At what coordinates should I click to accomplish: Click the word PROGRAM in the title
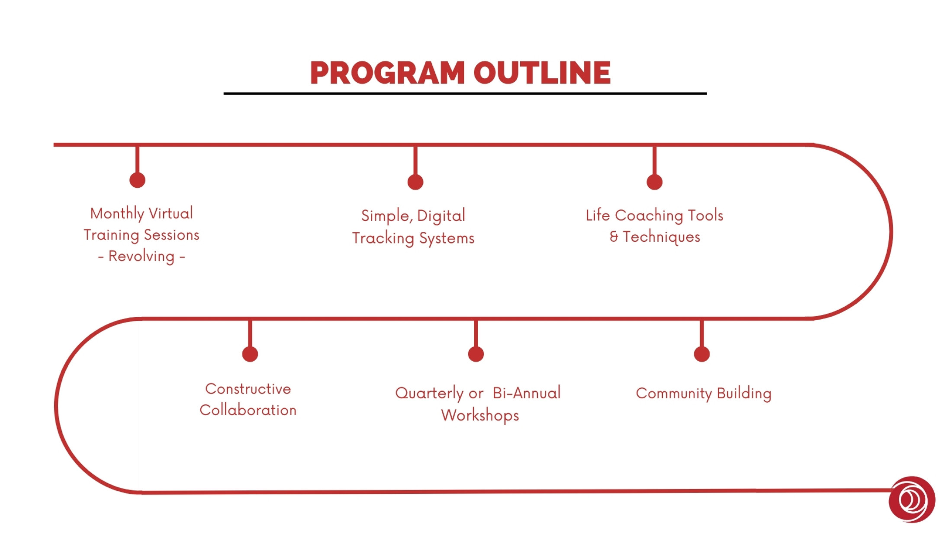point(388,72)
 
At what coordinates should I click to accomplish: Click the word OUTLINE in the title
point(542,72)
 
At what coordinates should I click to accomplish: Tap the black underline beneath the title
point(465,93)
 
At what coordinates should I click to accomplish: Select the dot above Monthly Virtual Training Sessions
point(137,180)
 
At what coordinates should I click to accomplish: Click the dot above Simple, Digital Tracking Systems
point(415,182)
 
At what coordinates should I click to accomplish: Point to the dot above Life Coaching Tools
point(655,182)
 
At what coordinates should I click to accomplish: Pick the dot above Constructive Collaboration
point(250,354)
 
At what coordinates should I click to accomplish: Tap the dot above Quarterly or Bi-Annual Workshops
point(476,354)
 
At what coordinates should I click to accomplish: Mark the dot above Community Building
point(702,354)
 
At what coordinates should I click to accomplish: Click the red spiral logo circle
point(912,500)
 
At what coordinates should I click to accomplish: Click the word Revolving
point(142,256)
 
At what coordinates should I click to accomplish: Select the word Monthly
point(117,214)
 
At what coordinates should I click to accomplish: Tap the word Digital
point(441,216)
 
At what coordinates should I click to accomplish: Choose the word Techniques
point(662,237)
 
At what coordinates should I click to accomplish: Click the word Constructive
point(248,389)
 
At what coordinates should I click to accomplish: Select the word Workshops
point(480,416)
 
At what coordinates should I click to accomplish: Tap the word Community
point(674,394)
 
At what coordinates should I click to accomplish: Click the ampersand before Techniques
point(614,237)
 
